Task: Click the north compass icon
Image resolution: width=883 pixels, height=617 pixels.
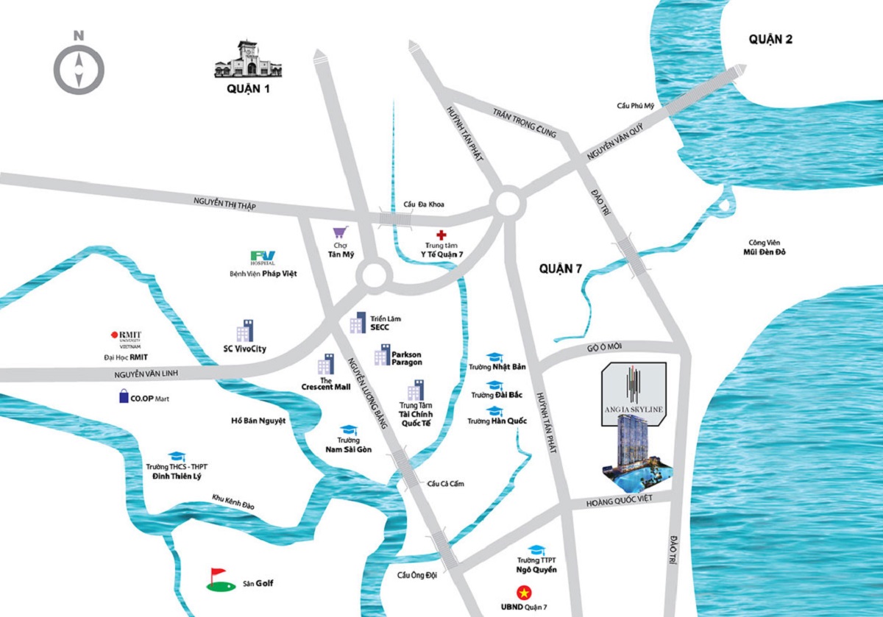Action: click(79, 67)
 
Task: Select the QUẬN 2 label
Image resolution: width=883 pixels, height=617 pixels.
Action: click(770, 40)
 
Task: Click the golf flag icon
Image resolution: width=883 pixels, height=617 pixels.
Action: click(216, 579)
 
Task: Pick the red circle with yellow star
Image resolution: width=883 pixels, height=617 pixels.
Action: click(524, 592)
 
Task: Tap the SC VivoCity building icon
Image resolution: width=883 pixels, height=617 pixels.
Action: click(244, 331)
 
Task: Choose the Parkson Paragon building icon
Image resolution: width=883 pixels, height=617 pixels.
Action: click(381, 355)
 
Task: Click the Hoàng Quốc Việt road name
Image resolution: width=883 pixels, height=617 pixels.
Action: click(619, 503)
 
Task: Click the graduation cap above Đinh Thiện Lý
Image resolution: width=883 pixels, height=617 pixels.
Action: click(177, 457)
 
